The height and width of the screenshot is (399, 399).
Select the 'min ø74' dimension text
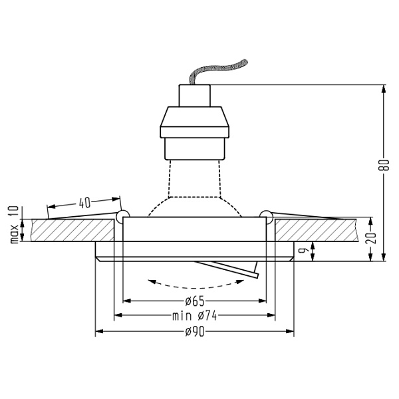[x=194, y=316]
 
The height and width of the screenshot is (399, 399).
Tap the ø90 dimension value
[x=196, y=332]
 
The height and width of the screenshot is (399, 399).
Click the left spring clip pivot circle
[x=122, y=215]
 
